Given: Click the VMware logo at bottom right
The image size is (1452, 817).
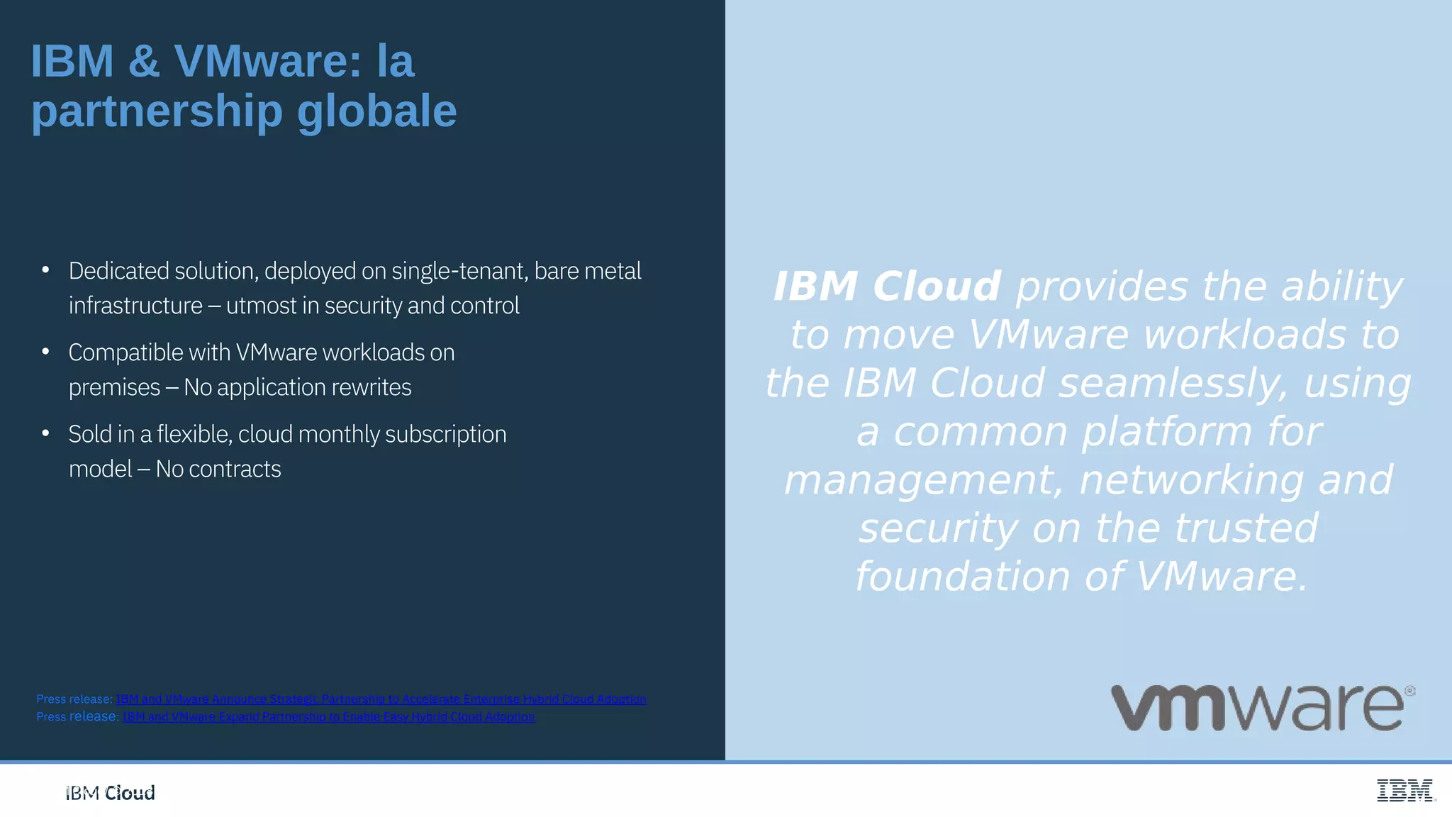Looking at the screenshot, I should pyautogui.click(x=1262, y=708).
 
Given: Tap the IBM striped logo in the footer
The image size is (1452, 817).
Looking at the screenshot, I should pyautogui.click(x=1404, y=790).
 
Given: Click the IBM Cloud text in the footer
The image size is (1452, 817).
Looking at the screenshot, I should pyautogui.click(x=110, y=793).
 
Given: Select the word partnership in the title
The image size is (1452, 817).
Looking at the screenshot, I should pyautogui.click(x=157, y=111).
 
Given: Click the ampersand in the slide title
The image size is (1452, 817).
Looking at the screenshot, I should pyautogui.click(x=144, y=61).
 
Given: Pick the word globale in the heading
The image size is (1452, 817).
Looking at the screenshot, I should pyautogui.click(x=376, y=111).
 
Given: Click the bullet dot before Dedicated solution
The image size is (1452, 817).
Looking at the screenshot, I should pyautogui.click(x=45, y=270).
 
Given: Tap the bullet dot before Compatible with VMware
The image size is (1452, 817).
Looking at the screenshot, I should pyautogui.click(x=45, y=352).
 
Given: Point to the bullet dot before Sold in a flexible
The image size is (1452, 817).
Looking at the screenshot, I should pyautogui.click(x=45, y=433).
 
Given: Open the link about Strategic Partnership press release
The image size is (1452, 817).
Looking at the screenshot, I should pyautogui.click(x=381, y=699).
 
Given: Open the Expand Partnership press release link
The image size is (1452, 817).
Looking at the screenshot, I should pyautogui.click(x=328, y=717).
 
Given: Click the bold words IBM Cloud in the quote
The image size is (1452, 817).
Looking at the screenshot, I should pyautogui.click(x=886, y=287).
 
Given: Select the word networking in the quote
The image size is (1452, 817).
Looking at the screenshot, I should pyautogui.click(x=1191, y=479).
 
